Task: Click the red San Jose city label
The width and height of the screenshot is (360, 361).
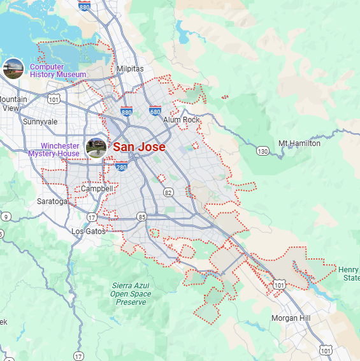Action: coord(139,147)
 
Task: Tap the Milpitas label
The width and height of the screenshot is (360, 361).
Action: coord(130,69)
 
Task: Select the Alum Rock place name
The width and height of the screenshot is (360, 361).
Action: coord(181,120)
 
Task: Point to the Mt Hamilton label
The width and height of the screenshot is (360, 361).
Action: coord(299,144)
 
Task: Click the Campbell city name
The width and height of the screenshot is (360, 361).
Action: coord(97,189)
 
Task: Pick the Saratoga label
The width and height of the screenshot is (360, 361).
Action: coord(52,202)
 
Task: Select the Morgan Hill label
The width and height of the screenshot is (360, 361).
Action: coord(291,318)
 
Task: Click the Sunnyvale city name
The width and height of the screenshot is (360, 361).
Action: coord(40,122)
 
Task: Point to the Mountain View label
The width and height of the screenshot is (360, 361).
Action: coord(13,103)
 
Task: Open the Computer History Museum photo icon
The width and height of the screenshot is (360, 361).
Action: coord(13,68)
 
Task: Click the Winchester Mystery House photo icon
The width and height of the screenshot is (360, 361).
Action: coord(96,147)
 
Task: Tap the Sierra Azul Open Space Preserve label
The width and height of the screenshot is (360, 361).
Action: coord(131,293)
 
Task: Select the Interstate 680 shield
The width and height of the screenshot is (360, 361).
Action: coord(155,111)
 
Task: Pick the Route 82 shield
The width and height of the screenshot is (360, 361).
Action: coord(168,192)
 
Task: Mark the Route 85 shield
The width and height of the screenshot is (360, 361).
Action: coord(141,217)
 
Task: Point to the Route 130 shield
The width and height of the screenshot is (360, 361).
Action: coord(263,151)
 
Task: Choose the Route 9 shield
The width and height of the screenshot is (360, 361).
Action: coord(6,217)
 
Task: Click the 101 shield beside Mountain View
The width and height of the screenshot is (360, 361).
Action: coord(54,99)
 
